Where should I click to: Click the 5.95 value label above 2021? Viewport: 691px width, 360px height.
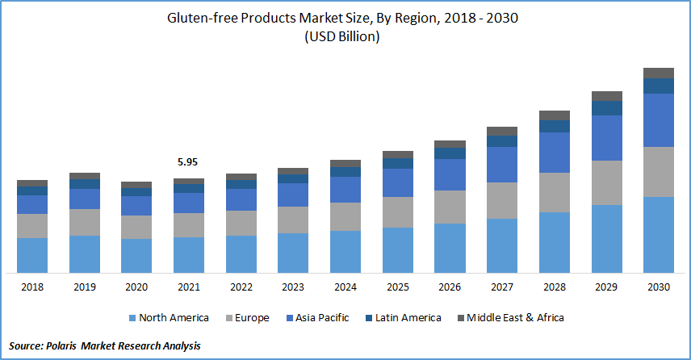(x=188, y=162)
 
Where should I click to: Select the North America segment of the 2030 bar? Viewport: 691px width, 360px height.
(x=659, y=234)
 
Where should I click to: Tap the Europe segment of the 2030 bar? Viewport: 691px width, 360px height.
(x=659, y=171)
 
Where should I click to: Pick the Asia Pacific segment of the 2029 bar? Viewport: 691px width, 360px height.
(x=606, y=137)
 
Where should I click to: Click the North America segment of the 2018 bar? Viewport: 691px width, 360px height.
(x=32, y=255)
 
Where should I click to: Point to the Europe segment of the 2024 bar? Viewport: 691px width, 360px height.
(x=345, y=216)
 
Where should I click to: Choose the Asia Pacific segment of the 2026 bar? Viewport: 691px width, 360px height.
(x=450, y=174)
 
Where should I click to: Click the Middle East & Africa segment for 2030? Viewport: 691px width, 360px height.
(x=659, y=73)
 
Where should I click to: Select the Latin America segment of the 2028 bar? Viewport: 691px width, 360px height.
(x=555, y=126)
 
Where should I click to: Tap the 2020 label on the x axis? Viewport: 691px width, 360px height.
(x=136, y=287)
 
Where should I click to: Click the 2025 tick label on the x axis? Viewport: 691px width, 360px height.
(x=397, y=287)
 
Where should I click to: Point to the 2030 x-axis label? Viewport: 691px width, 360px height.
(x=659, y=287)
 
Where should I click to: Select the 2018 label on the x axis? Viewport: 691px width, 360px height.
(x=32, y=287)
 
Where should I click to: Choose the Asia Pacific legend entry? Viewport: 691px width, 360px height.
(x=318, y=318)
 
